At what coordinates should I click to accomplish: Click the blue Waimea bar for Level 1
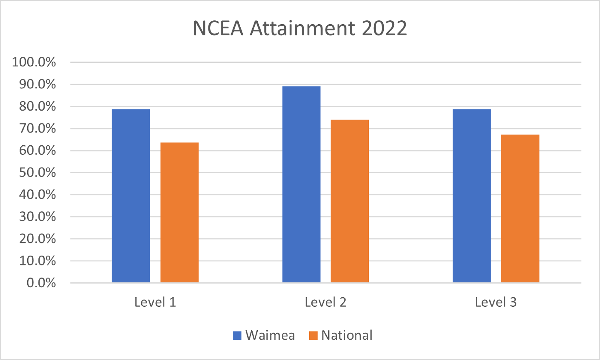pos(131,196)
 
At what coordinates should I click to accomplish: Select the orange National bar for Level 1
pos(179,213)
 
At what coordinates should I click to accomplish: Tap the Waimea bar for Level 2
pos(301,184)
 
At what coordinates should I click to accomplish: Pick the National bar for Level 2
pos(349,201)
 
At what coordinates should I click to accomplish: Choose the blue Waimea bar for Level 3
pos(472,196)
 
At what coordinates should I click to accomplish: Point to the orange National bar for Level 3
pos(520,209)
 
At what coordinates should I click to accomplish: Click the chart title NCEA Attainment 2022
pos(300,28)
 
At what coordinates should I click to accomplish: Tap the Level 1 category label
pos(155,302)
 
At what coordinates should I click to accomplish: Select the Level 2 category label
pos(325,302)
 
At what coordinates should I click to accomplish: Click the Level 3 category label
pos(496,302)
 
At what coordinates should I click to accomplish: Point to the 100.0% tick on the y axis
pos(34,62)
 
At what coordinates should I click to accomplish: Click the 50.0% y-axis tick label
pos(37,173)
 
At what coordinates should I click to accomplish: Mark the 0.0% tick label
pos(41,283)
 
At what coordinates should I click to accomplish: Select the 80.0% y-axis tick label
pos(37,106)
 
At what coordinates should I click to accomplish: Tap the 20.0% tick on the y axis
pos(37,239)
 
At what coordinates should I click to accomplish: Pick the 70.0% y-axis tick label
pos(37,129)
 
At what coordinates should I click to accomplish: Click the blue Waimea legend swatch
pos(237,335)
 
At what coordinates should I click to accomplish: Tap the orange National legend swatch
pos(313,335)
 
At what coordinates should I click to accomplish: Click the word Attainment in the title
pos(302,28)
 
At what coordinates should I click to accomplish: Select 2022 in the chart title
pos(384,28)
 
